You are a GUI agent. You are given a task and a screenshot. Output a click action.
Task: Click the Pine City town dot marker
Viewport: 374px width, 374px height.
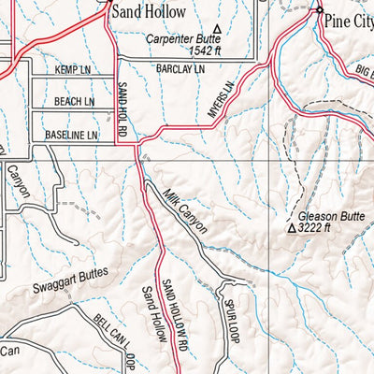[319, 10]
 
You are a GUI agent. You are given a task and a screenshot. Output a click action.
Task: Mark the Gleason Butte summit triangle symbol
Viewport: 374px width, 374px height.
[292, 227]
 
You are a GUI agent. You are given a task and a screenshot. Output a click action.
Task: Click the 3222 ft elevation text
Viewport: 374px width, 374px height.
[318, 227]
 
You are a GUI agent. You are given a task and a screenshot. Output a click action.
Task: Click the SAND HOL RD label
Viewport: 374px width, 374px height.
[122, 110]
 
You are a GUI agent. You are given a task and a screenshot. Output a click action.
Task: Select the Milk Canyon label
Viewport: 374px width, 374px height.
[183, 210]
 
